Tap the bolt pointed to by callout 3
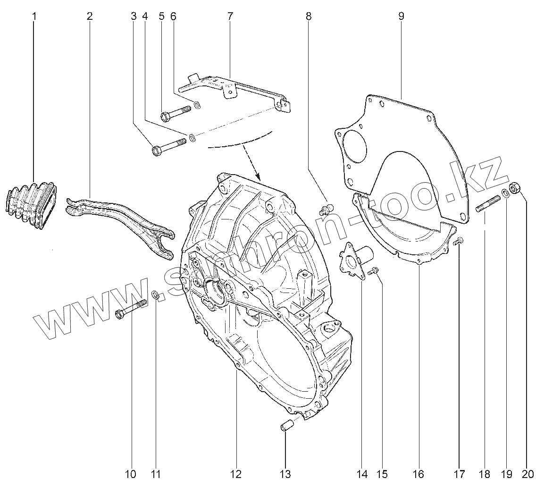(x=168, y=146)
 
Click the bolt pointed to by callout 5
(x=176, y=113)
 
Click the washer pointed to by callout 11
(x=155, y=295)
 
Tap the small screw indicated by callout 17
(x=457, y=242)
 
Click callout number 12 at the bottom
(x=235, y=474)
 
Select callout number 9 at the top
(x=401, y=16)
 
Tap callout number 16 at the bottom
(x=418, y=474)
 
